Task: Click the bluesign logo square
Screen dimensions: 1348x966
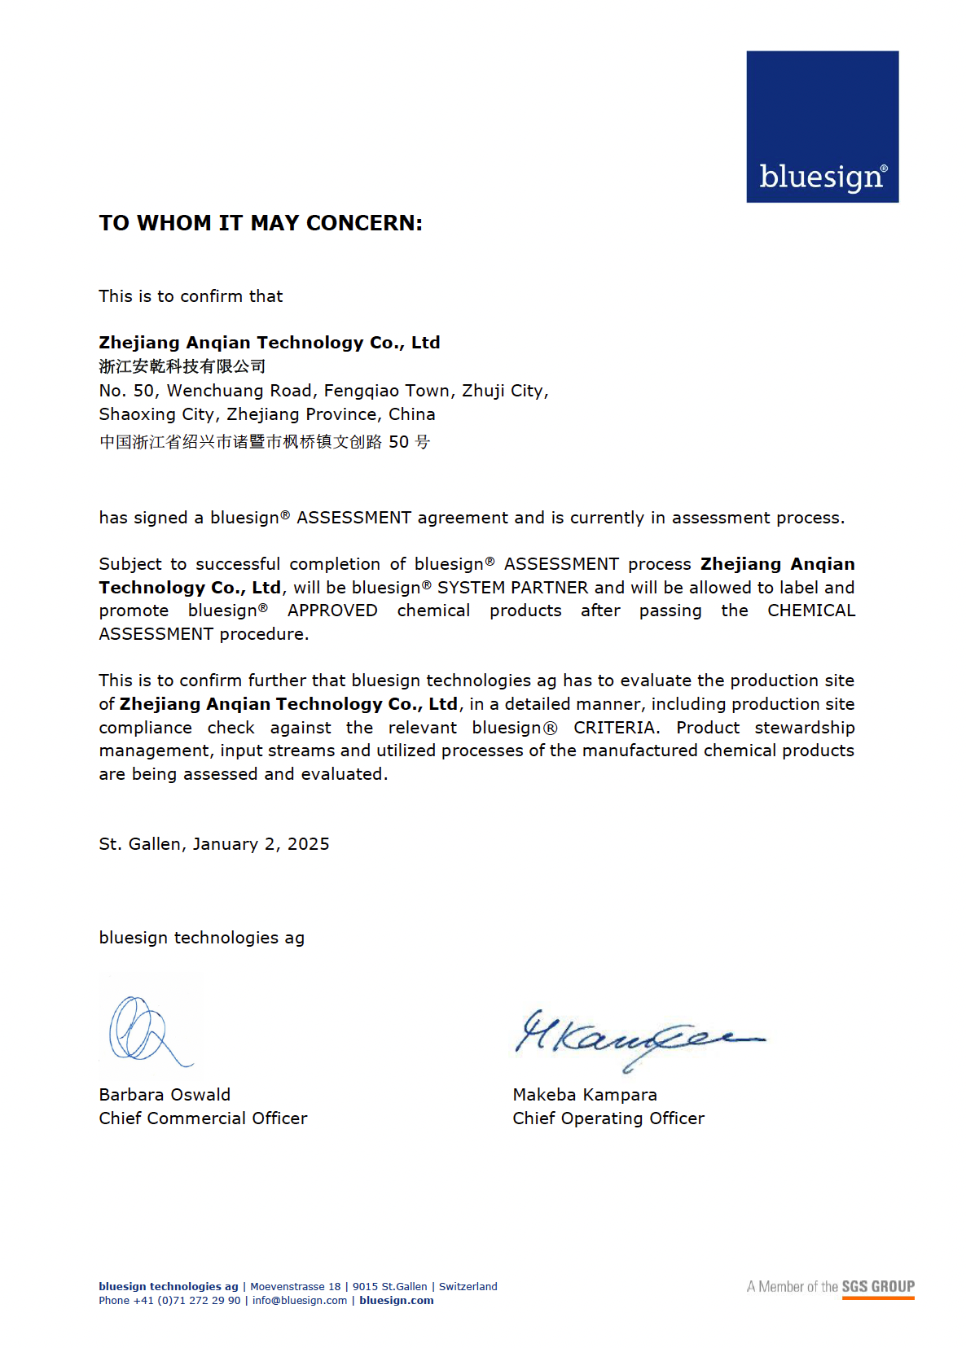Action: (x=822, y=127)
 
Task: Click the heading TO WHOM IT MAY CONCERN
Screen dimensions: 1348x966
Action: (x=261, y=223)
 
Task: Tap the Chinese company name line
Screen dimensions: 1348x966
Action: (x=182, y=366)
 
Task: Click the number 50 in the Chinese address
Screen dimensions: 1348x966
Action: (x=398, y=442)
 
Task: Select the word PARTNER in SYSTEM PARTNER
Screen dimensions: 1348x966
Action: (x=549, y=588)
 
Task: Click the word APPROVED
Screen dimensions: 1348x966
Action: (x=332, y=611)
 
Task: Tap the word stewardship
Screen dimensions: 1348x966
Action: (x=804, y=728)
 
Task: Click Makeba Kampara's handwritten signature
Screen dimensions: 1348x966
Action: (x=635, y=1038)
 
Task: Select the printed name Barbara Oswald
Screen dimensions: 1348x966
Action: (x=165, y=1095)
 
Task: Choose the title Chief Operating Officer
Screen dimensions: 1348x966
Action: (x=608, y=1118)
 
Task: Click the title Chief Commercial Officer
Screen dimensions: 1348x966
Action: (x=203, y=1118)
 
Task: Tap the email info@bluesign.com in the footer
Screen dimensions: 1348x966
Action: (x=300, y=1300)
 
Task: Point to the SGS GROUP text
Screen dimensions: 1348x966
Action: (x=878, y=1286)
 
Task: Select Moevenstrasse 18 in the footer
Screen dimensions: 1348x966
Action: (x=296, y=1286)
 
